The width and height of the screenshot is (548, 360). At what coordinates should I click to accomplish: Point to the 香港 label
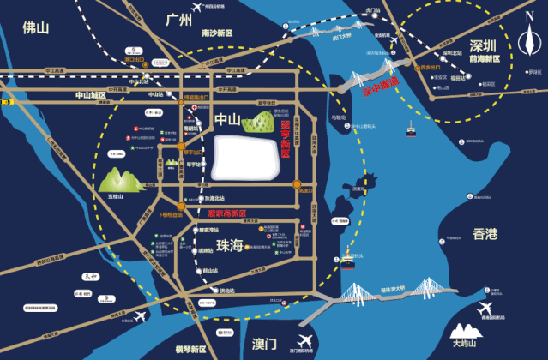click(x=485, y=234)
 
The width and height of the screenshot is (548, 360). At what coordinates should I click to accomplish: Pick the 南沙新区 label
click(x=218, y=33)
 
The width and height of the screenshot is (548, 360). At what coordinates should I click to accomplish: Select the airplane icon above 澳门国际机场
click(x=306, y=340)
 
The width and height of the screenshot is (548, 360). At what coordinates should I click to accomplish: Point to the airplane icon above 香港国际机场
click(x=486, y=308)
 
